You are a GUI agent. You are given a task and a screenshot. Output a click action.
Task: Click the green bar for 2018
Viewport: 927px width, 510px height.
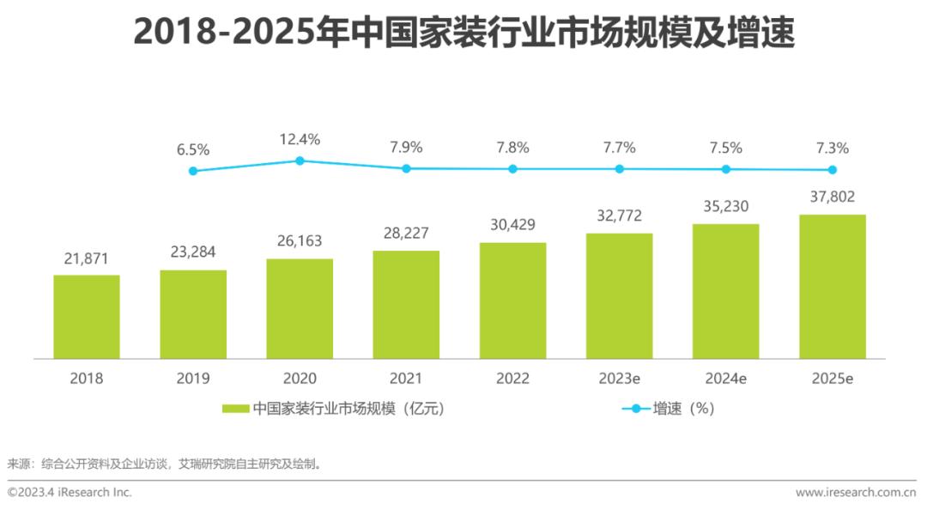click(87, 317)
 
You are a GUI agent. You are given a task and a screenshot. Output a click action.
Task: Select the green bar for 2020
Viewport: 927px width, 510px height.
click(300, 309)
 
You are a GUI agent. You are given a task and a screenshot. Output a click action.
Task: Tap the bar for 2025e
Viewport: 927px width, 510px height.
click(832, 287)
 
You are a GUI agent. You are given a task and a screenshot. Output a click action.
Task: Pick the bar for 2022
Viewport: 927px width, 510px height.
click(512, 301)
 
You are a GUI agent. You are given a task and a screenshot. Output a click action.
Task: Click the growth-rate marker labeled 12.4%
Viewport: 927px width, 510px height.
click(300, 161)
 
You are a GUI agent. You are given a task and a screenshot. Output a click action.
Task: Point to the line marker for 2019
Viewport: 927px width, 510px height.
click(193, 171)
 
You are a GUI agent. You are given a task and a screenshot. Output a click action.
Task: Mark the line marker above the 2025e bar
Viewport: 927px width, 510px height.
click(832, 170)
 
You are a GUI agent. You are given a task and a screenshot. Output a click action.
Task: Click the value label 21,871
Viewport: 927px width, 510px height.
click(87, 258)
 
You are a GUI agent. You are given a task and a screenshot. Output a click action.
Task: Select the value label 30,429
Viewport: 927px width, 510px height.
click(512, 225)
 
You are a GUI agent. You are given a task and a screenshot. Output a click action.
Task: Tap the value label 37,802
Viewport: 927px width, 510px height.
click(832, 197)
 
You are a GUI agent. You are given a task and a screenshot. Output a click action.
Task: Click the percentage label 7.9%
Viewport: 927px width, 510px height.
click(406, 148)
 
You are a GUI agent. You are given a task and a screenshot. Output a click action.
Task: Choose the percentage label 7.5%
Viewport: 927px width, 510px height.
click(725, 148)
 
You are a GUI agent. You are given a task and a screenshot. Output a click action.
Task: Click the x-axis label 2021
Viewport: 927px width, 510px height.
click(406, 379)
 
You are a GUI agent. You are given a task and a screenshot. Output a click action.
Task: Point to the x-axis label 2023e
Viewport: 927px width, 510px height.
click(619, 379)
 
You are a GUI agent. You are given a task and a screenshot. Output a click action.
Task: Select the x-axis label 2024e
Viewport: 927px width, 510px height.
click(725, 379)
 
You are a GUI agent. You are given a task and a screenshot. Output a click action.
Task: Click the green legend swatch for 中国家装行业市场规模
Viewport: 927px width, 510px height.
click(235, 409)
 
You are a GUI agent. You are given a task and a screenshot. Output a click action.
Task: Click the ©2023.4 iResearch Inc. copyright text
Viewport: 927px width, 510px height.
click(70, 493)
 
